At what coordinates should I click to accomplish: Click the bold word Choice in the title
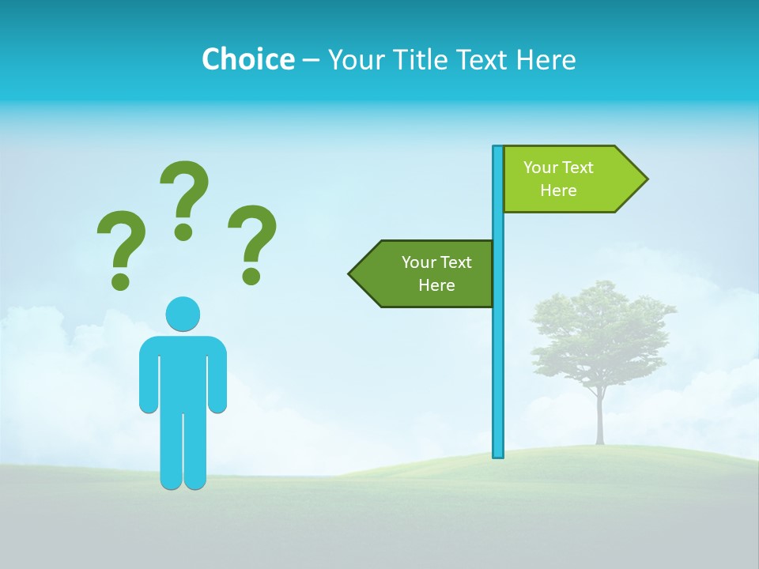coord(247,59)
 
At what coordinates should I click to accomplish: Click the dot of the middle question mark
coord(183,232)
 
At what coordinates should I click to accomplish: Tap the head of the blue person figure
coord(183,314)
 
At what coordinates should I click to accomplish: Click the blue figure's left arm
coord(149,375)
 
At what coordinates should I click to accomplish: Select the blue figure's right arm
coord(217,375)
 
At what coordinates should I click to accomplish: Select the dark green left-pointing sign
coord(427,273)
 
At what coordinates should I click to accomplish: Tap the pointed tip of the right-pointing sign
coord(644,179)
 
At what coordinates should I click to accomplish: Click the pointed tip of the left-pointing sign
coord(352,274)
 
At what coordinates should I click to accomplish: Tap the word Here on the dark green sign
coord(436,285)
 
